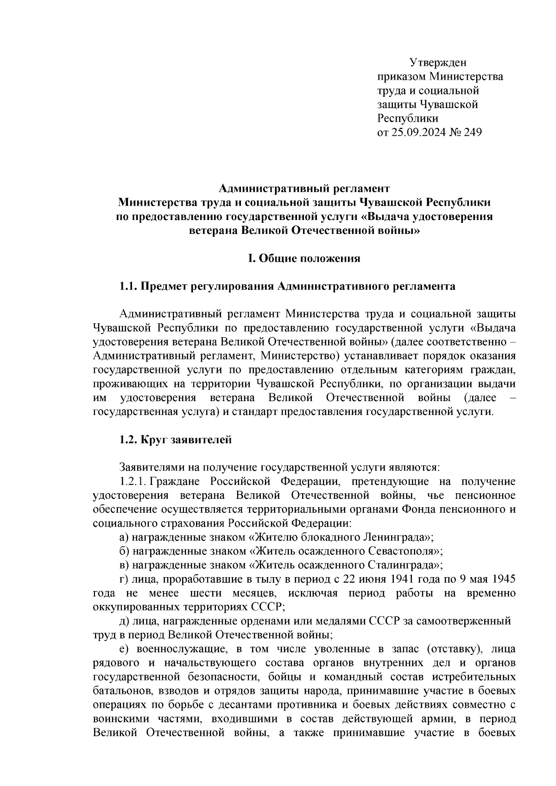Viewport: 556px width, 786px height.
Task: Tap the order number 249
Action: pos(472,133)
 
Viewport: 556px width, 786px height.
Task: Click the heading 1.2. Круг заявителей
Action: pos(175,440)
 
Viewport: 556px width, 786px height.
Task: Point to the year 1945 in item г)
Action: pos(504,579)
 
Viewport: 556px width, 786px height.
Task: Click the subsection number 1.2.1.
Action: pos(133,482)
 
